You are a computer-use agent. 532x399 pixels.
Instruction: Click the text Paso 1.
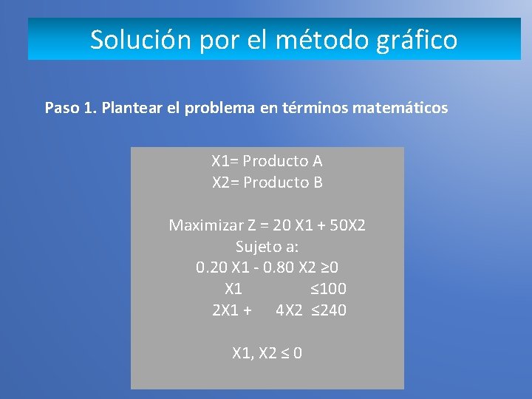pyautogui.click(x=71, y=109)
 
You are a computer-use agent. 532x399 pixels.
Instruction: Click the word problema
pyautogui.click(x=219, y=109)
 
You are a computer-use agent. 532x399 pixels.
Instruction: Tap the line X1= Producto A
pyautogui.click(x=267, y=161)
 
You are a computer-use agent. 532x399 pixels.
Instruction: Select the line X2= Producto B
pyautogui.click(x=267, y=183)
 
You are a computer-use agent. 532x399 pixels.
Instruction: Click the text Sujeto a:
pyautogui.click(x=267, y=246)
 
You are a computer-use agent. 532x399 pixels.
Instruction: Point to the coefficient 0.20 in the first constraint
pyautogui.click(x=212, y=267)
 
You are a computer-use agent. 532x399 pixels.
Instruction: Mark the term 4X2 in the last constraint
pyautogui.click(x=289, y=310)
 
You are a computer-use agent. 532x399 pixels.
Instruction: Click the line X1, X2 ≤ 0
pyautogui.click(x=267, y=353)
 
